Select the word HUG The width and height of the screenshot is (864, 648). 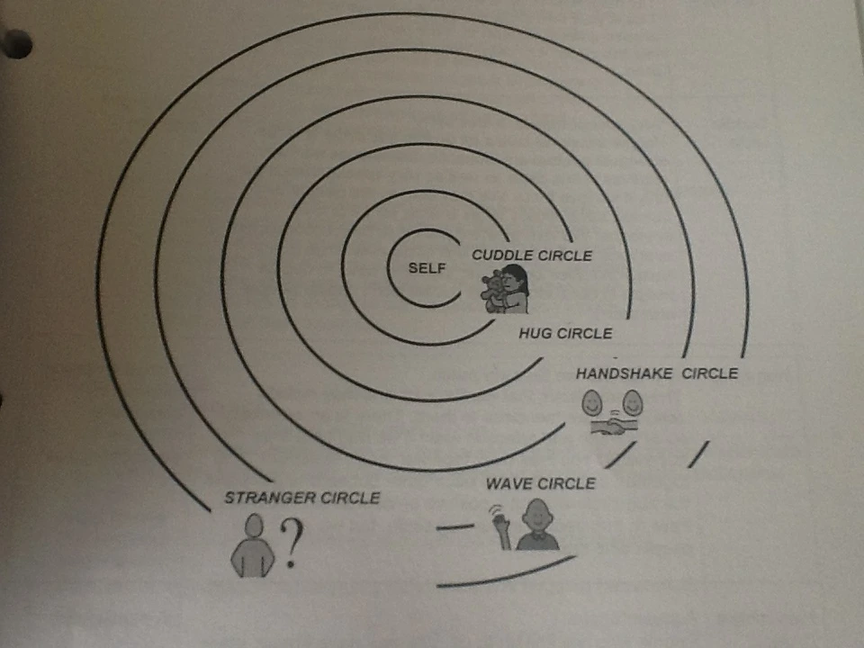[535, 333]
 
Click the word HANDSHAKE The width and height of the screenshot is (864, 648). [624, 373]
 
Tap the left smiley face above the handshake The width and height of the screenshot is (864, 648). [591, 402]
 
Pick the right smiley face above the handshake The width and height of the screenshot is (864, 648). [634, 402]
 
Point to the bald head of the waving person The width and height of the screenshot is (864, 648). [536, 515]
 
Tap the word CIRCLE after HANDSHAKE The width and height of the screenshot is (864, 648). [710, 373]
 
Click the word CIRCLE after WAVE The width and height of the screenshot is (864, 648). [567, 483]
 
